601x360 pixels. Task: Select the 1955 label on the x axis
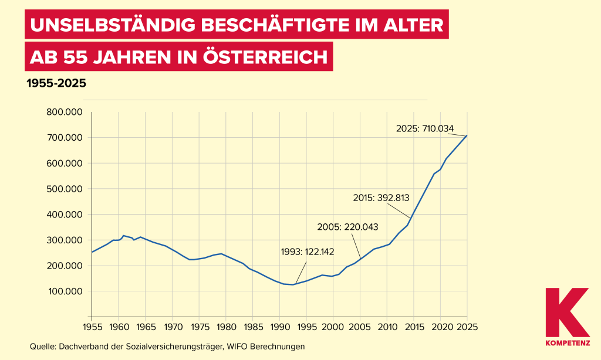coord(92,326)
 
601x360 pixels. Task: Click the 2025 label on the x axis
coord(468,326)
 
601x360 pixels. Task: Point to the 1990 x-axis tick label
coord(279,326)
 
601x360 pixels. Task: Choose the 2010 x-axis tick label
coord(387,326)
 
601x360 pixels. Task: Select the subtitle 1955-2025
coord(56,83)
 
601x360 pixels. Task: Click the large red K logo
coord(566,312)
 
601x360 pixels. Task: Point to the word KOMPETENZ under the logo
coord(567,342)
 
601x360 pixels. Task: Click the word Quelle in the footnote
coord(42,347)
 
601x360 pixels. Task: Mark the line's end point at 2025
coord(467,135)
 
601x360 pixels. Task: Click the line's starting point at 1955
coord(92,252)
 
